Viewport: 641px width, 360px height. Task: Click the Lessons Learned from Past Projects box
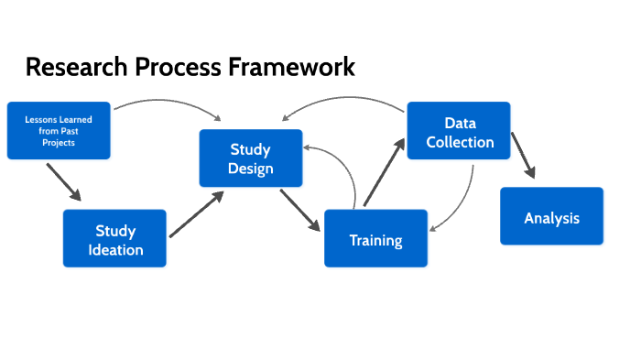(59, 130)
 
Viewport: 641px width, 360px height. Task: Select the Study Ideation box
(114, 238)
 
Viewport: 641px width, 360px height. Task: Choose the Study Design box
(251, 158)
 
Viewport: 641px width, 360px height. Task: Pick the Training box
(375, 239)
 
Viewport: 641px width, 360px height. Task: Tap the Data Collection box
(459, 132)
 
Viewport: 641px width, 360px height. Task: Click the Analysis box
(551, 217)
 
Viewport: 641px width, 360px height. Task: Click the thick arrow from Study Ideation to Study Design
(196, 214)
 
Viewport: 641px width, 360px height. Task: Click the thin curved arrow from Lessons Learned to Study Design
(165, 102)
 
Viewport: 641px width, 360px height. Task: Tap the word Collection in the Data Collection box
(459, 142)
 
